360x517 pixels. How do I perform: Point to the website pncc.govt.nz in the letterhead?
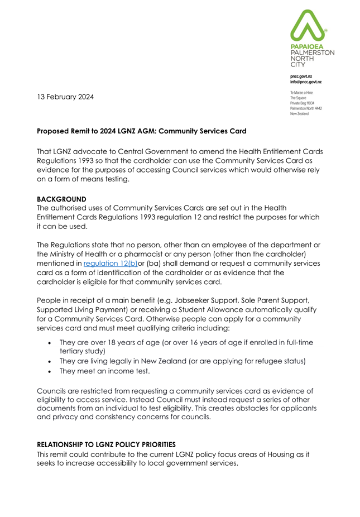pos(301,75)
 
